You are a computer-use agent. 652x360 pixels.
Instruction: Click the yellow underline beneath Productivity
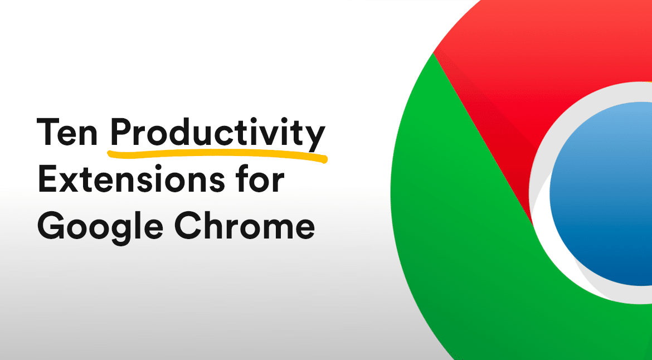pyautogui.click(x=217, y=154)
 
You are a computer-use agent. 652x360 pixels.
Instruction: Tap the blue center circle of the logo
pyautogui.click(x=601, y=193)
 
